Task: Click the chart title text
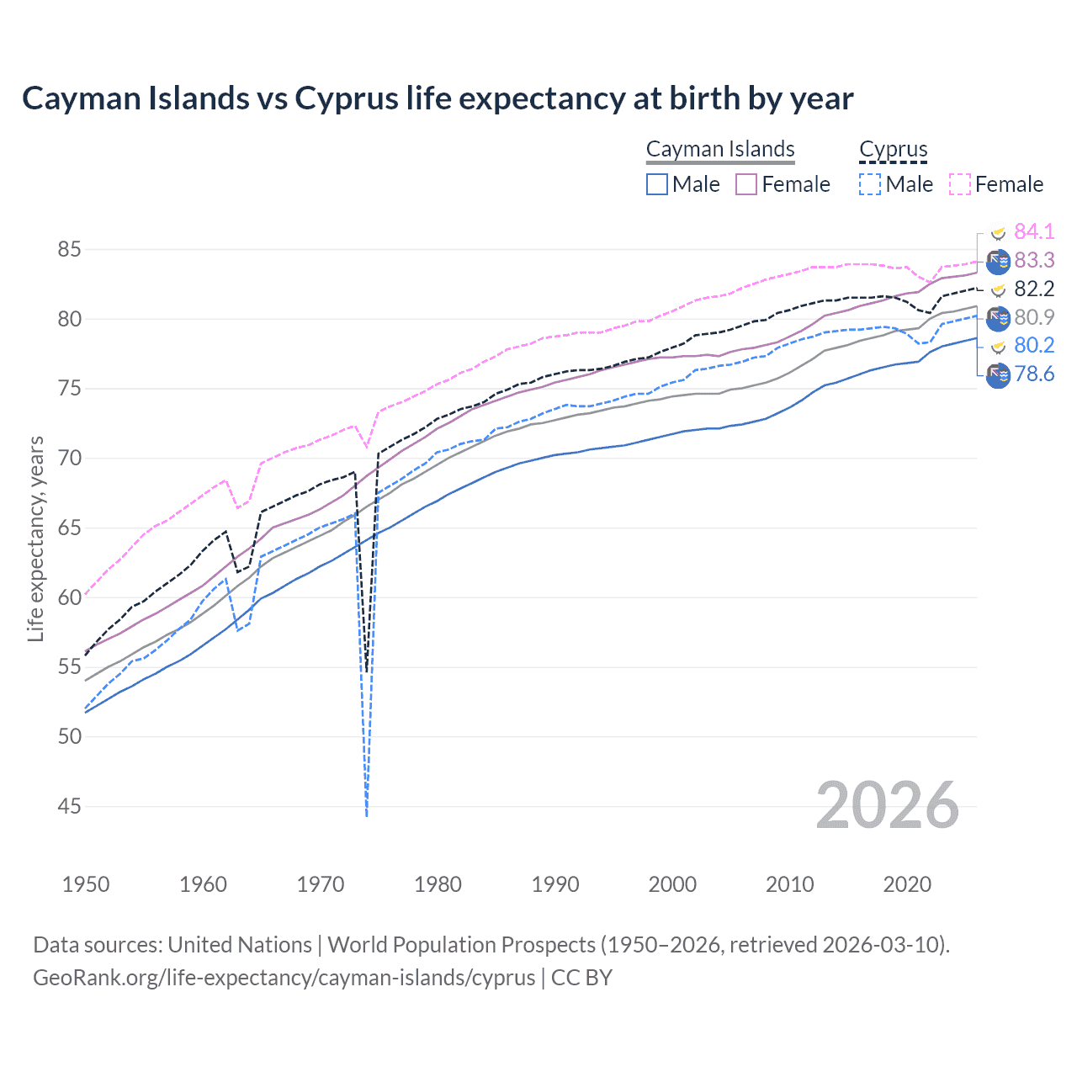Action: (438, 98)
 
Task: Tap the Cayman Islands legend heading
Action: (720, 149)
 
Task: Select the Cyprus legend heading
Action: (893, 149)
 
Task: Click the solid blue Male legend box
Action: (657, 184)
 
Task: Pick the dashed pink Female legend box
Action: (960, 184)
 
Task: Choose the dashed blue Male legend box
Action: (870, 184)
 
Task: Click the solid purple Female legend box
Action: (746, 184)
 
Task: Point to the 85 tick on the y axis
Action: (70, 250)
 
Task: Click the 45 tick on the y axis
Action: (70, 807)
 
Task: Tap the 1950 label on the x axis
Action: (86, 884)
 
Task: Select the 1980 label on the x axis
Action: (438, 884)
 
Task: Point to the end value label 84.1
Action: (1034, 231)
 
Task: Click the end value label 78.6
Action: (1034, 374)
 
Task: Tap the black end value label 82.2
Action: (1034, 289)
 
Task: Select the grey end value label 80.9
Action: (1034, 317)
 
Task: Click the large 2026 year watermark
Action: (888, 806)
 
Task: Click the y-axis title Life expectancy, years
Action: (35, 538)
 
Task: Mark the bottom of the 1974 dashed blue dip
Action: (367, 814)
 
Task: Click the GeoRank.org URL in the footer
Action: (284, 978)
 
